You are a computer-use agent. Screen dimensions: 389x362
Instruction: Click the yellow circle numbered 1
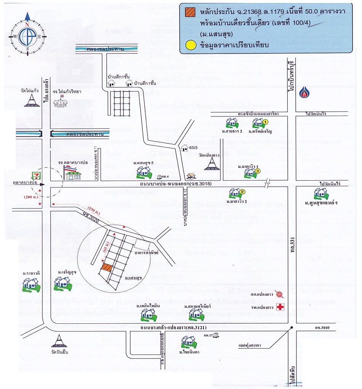[x=266, y=122]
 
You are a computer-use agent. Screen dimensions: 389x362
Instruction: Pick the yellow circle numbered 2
[x=242, y=192]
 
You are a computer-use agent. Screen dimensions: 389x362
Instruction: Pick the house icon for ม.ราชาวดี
[x=30, y=285]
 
